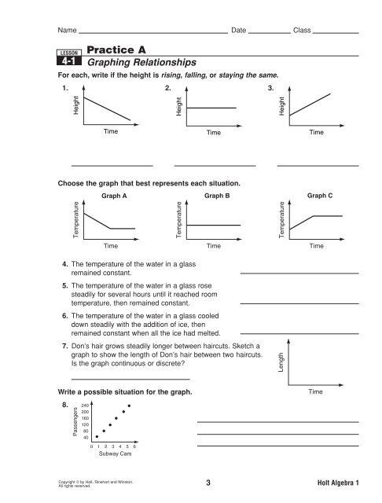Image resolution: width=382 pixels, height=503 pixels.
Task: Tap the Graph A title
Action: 115,191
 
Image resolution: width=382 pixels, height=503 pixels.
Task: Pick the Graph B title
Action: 216,191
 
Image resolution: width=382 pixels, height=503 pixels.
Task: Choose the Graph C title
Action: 320,191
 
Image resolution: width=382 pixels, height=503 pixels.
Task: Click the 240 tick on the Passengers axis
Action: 84,404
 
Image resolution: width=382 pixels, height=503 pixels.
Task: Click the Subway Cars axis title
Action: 115,453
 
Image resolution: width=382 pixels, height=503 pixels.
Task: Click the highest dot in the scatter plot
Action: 129,405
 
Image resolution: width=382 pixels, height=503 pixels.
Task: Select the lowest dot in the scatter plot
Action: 97,436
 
